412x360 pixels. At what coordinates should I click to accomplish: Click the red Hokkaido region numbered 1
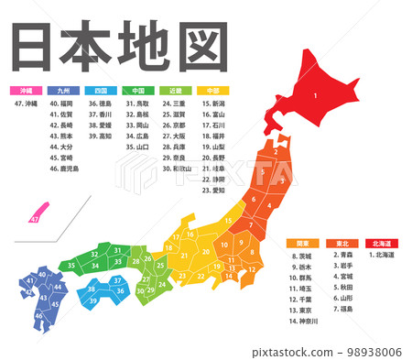point(316,92)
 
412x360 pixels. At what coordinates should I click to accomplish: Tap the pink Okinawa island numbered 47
point(35,219)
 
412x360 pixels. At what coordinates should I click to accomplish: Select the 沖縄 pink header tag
point(25,92)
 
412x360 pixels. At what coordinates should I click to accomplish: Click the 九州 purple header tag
point(61,92)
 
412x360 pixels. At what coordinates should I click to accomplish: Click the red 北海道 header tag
point(379,242)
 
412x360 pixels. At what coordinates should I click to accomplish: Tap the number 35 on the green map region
point(70,266)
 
